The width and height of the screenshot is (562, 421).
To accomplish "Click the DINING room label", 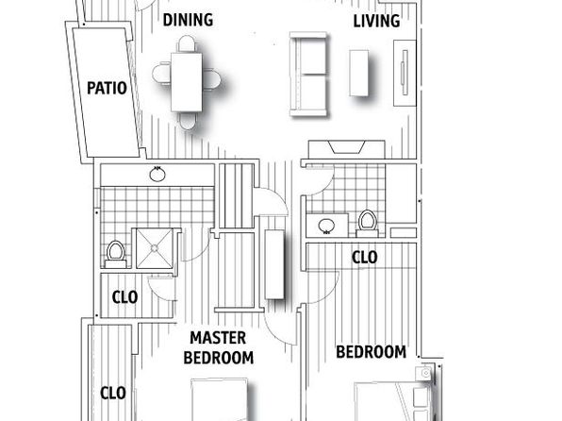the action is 188,20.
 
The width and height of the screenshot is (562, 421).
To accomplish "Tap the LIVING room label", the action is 376,21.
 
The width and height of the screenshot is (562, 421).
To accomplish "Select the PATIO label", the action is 107,88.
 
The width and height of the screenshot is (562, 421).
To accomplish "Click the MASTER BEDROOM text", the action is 218,347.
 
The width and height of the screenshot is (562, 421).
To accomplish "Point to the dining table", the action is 187,82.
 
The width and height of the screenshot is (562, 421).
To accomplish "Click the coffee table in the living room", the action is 358,74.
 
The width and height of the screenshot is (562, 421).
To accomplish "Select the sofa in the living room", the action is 308,75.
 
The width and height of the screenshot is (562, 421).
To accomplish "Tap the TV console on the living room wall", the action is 405,74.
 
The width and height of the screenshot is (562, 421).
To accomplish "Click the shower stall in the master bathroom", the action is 155,248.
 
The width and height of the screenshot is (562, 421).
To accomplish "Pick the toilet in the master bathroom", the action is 115,255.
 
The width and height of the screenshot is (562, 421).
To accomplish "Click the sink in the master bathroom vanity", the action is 157,175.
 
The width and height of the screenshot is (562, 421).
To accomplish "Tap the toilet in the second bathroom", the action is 368,223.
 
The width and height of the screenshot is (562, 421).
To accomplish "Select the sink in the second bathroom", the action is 326,227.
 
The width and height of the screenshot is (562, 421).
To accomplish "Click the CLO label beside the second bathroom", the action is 365,258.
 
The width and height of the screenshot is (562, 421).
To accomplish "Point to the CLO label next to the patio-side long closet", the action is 113,393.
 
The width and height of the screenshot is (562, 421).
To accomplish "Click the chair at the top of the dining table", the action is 187,43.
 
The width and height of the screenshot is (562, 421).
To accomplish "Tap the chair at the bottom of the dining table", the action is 187,121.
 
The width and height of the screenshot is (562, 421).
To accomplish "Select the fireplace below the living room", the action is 347,149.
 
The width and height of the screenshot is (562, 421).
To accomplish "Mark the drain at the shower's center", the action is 155,248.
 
